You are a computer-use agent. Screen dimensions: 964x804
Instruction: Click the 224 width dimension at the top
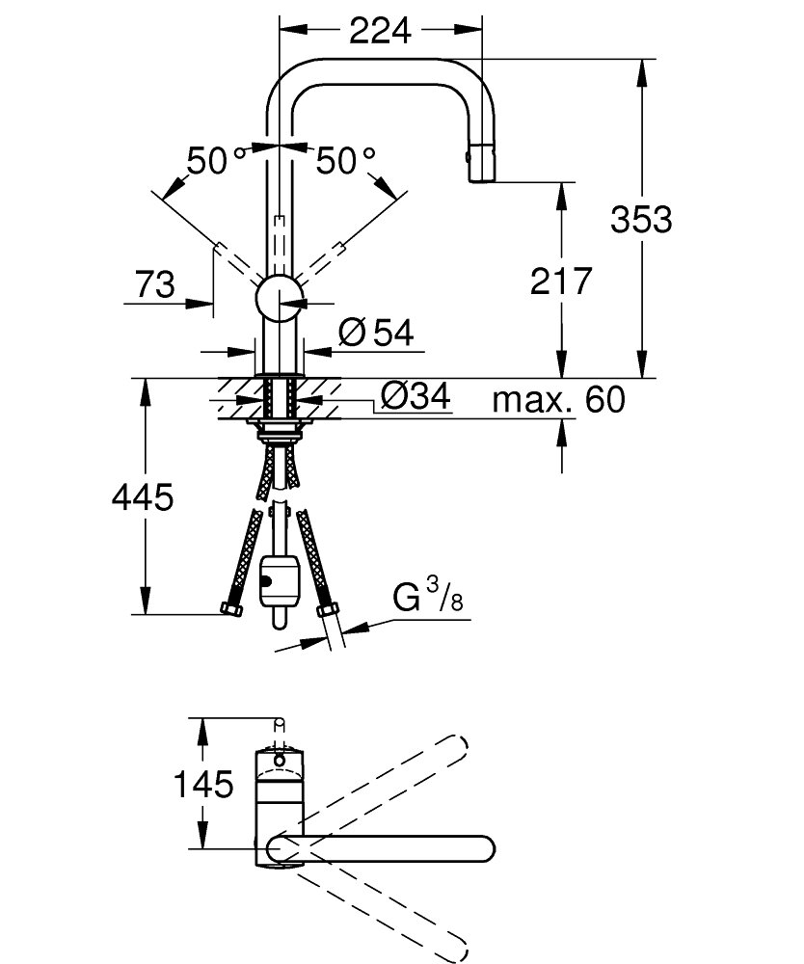380,31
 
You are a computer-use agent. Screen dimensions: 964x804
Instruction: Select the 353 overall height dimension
640,220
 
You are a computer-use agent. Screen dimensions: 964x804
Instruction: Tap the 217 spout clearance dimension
560,281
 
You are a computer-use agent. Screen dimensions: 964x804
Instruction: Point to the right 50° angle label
345,161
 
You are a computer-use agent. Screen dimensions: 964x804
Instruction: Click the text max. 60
559,398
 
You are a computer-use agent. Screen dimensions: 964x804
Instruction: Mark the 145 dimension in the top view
203,785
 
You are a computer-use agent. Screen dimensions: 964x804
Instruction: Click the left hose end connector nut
232,609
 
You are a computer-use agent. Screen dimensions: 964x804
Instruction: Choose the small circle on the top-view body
280,761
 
